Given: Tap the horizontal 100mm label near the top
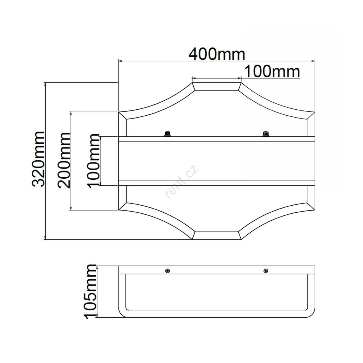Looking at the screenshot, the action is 272,72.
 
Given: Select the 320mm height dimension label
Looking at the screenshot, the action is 38,159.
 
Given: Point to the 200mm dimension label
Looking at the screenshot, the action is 64,160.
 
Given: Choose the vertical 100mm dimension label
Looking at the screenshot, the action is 93,161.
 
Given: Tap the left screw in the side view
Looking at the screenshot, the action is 167,271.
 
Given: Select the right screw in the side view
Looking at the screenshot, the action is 266,271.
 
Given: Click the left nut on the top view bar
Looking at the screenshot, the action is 167,134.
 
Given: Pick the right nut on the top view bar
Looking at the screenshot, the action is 266,134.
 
